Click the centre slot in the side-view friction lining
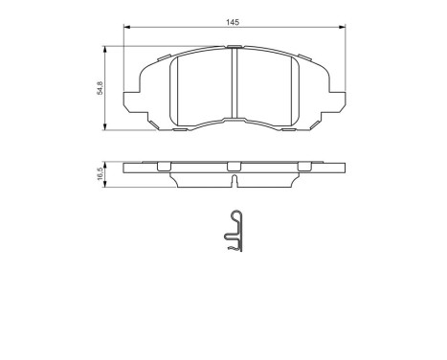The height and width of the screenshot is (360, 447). coord(235,179)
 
